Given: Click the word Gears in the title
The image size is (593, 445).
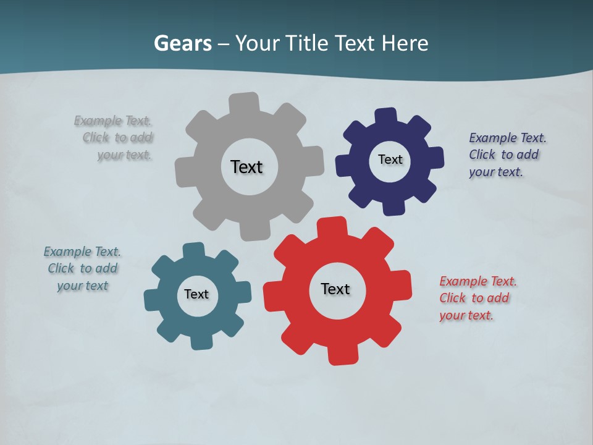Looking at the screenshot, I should click(182, 44).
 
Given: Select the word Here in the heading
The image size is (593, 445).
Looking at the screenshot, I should click(405, 44).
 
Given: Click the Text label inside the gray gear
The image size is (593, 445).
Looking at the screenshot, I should click(246, 167).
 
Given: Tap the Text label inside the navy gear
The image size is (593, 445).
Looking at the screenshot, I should click(390, 159).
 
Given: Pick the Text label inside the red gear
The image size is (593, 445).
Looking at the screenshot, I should click(335, 289).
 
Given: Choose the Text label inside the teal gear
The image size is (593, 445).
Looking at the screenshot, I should click(196, 294).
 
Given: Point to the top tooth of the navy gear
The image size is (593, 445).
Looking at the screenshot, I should click(386, 116).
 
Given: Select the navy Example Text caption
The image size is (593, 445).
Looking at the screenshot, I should click(507, 155).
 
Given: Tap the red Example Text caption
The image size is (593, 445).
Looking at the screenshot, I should click(477, 298).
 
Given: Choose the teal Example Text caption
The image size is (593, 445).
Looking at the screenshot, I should click(82, 268).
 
